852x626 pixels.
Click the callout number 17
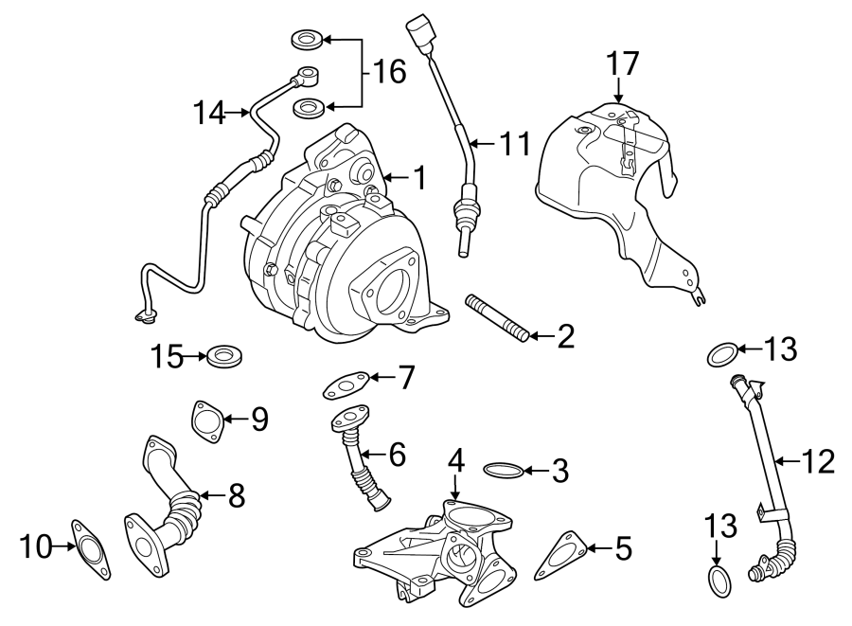(x=623, y=63)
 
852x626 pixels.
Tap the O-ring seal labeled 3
(x=501, y=469)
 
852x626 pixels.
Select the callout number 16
(x=387, y=71)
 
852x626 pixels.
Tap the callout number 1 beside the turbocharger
(x=417, y=176)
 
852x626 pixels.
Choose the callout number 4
(x=456, y=460)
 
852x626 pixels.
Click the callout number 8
(x=236, y=493)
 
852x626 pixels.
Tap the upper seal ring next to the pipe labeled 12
(x=721, y=355)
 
